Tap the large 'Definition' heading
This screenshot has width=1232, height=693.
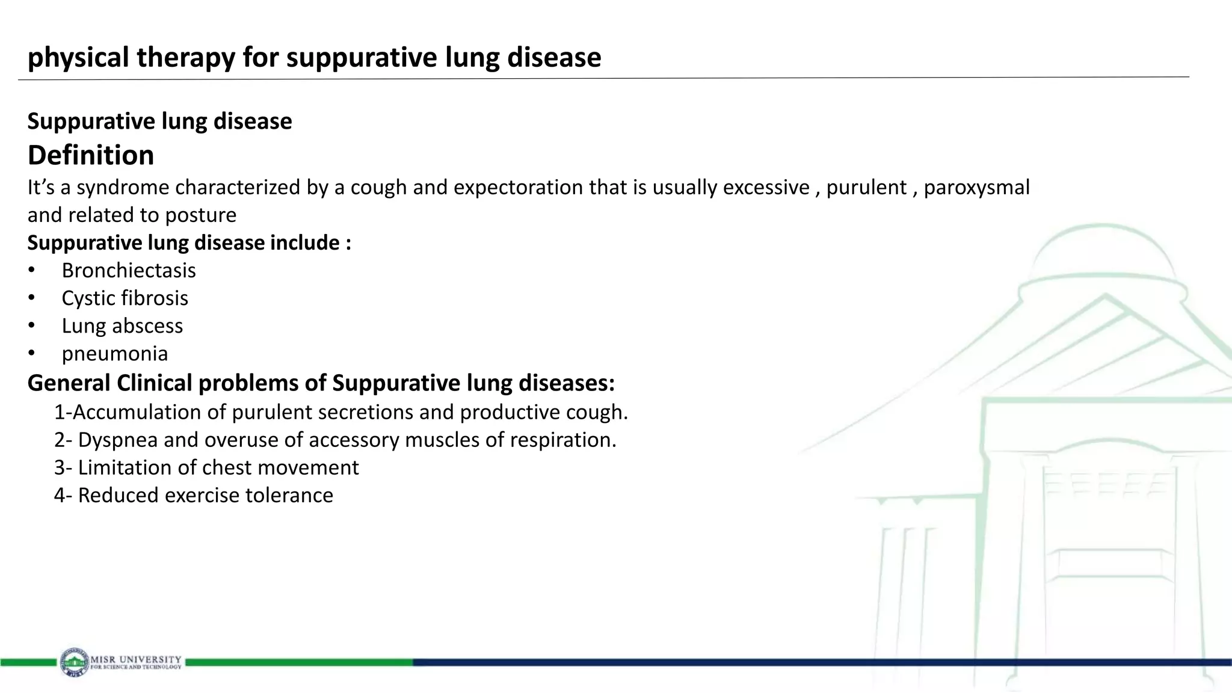click(x=91, y=155)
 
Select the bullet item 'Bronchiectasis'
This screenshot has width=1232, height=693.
click(x=129, y=271)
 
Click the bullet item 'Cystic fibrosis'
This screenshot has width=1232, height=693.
click(x=125, y=298)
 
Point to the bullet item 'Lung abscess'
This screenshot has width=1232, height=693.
click(x=122, y=326)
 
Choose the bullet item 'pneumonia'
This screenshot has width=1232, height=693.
click(x=114, y=354)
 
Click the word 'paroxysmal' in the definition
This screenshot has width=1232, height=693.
click(x=976, y=188)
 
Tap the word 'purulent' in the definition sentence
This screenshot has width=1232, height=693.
click(x=866, y=188)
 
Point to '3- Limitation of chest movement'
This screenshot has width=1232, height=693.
click(x=206, y=468)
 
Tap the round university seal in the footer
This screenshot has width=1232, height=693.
click(x=74, y=662)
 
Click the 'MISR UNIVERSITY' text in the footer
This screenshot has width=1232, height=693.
click(x=136, y=659)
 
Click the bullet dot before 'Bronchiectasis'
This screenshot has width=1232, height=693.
click(x=31, y=271)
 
